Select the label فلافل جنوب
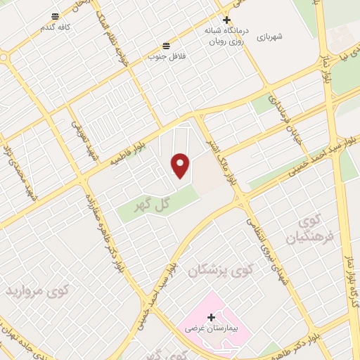(165, 55)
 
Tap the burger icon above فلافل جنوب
(165, 43)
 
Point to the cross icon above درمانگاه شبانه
(226, 20)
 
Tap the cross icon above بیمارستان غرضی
(211, 317)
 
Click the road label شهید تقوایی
(84, 139)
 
